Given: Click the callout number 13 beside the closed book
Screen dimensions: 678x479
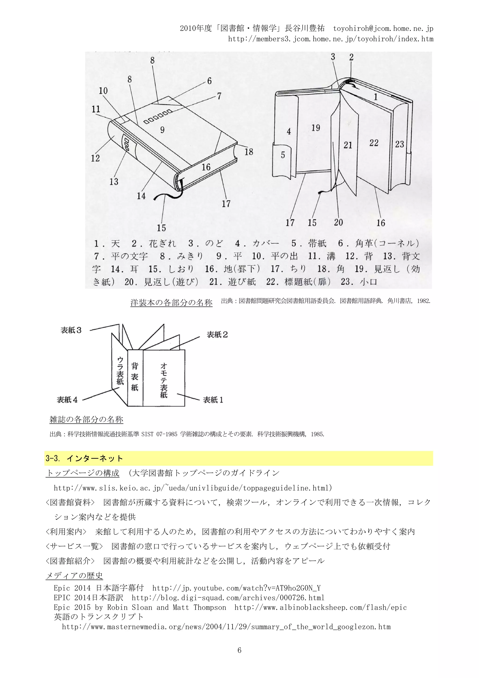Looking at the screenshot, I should coord(114,181).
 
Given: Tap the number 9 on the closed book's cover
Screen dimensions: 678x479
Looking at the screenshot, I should coord(162,129).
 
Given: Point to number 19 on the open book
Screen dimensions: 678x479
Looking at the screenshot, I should coord(316,128).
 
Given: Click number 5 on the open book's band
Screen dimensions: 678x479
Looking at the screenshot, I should coord(283,155).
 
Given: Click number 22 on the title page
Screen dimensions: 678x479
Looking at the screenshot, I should coord(374,143).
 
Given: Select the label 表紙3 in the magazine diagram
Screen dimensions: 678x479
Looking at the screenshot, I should coord(71,330).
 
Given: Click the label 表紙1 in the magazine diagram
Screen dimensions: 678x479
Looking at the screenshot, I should coord(213,400).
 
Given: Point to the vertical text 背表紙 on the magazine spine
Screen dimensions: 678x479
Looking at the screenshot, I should coord(135,377).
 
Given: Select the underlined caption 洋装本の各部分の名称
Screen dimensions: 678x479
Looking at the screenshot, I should coord(171,302).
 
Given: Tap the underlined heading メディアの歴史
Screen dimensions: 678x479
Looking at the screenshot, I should coord(74,575).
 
